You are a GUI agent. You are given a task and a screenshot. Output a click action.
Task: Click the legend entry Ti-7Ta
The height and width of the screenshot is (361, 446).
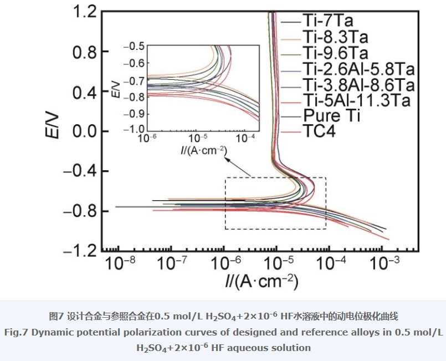tap(328, 21)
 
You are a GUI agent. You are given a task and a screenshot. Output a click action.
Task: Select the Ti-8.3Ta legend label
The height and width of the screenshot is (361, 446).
tap(336, 37)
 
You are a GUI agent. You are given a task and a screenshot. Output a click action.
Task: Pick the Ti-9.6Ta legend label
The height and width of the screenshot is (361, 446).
tap(336, 53)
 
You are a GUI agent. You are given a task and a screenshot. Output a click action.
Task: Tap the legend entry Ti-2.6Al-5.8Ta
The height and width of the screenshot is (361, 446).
tap(358, 69)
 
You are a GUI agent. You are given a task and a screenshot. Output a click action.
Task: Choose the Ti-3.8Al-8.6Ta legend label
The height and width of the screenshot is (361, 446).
tap(358, 84)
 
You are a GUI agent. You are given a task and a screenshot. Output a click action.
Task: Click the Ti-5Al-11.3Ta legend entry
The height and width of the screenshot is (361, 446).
tap(357, 100)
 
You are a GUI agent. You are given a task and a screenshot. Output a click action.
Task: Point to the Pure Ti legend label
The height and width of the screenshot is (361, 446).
tap(332, 115)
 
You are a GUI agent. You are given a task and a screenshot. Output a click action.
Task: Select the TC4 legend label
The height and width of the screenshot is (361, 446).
tap(320, 131)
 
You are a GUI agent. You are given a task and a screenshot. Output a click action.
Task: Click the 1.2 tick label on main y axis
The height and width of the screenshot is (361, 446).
tap(84, 12)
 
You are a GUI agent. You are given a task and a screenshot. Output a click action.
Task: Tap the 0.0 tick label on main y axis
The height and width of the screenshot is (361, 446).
tap(84, 131)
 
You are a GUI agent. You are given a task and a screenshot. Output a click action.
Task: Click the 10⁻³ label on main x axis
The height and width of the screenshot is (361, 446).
tap(385, 263)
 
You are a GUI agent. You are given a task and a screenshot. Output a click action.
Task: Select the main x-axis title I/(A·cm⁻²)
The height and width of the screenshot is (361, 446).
tap(262, 282)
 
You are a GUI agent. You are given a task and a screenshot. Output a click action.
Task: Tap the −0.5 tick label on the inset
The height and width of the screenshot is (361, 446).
tap(134, 46)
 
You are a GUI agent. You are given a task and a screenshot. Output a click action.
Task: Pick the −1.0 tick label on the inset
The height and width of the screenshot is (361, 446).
tap(134, 130)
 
